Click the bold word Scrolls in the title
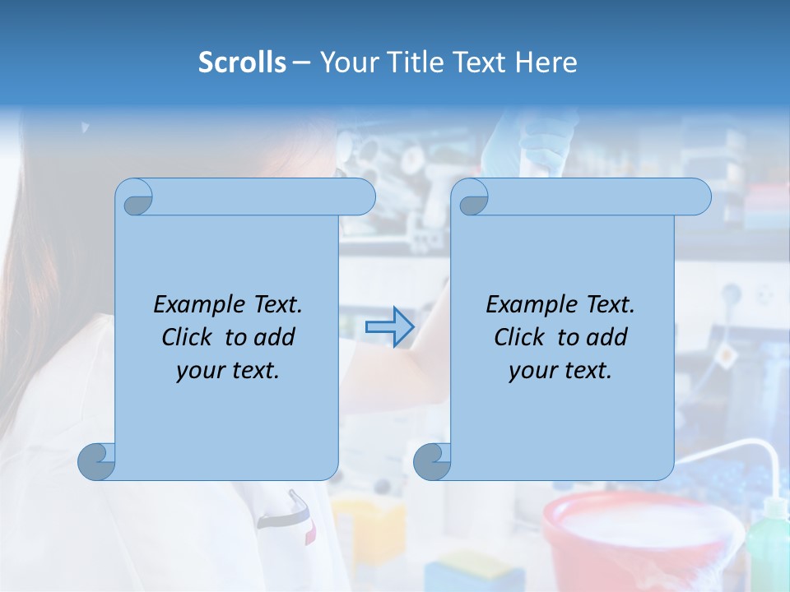[x=242, y=62]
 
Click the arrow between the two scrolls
[x=389, y=326]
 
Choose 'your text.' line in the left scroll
[x=227, y=371]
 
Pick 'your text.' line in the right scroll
[x=560, y=371]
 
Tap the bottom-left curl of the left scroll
[x=97, y=461]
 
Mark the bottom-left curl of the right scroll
[x=432, y=461]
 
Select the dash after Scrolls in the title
[x=301, y=62]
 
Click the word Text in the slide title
[x=480, y=62]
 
